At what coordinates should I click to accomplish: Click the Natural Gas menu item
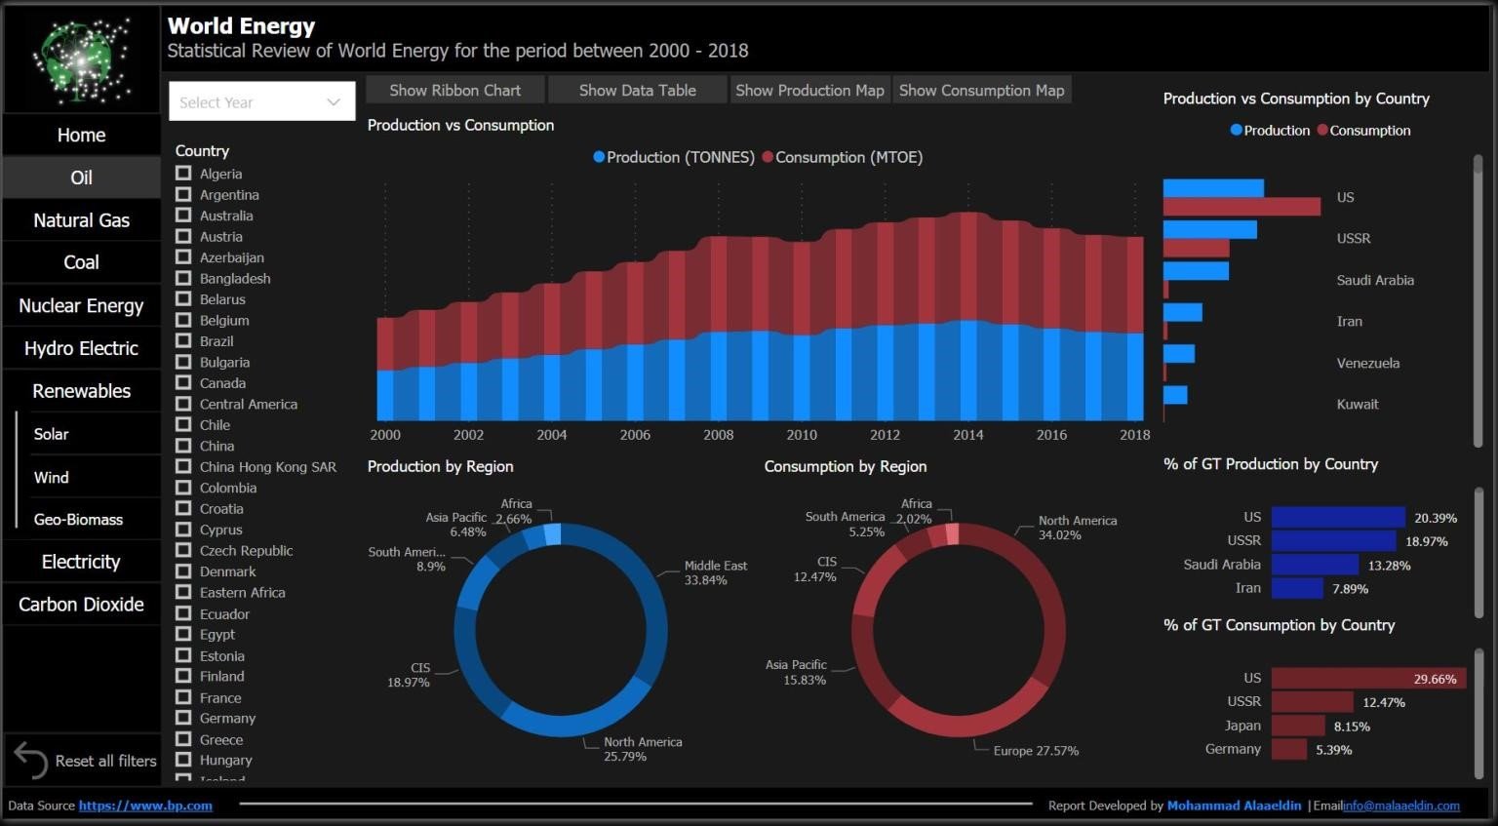click(x=81, y=220)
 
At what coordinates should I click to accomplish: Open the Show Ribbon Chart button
click(x=454, y=90)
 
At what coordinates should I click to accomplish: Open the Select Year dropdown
click(x=260, y=102)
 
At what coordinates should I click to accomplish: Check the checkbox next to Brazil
click(x=183, y=340)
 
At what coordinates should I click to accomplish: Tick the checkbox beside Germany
click(x=183, y=718)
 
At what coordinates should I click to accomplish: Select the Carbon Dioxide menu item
click(x=81, y=605)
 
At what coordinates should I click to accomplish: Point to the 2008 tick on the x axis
click(x=719, y=435)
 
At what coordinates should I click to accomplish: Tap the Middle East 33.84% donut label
click(x=715, y=572)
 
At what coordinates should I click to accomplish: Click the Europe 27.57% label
click(x=1036, y=751)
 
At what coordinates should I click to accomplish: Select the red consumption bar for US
click(x=1242, y=207)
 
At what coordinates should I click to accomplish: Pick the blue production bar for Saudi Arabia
click(x=1196, y=270)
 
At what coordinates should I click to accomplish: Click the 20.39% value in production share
click(x=1436, y=518)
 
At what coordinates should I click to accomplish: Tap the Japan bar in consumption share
click(x=1298, y=726)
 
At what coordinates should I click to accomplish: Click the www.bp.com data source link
click(x=145, y=806)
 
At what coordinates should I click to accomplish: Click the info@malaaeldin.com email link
click(x=1400, y=806)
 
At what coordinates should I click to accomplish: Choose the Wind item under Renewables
click(x=52, y=477)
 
